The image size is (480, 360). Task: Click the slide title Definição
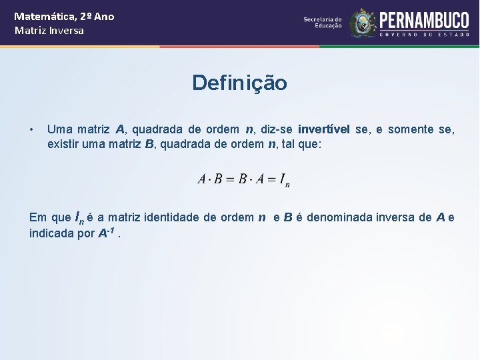(239, 83)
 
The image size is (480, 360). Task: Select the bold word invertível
(325, 129)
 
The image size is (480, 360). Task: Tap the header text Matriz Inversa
(49, 31)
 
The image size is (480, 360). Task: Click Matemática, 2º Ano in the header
(64, 16)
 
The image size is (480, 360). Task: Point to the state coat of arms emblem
(363, 23)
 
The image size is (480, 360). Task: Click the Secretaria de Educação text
(322, 23)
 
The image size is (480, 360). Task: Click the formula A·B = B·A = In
(243, 179)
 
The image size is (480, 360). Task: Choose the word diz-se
(276, 129)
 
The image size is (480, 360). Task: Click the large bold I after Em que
(78, 216)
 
